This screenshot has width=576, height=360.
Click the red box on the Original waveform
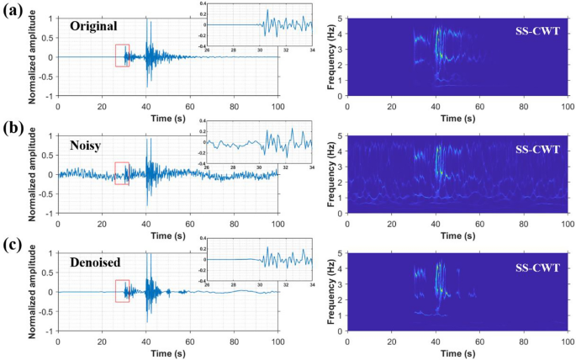pos(122,56)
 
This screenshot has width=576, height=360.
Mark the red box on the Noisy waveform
pos(122,173)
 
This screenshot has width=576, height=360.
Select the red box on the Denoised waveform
pos(122,291)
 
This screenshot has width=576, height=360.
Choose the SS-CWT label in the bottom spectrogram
pos(538,267)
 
